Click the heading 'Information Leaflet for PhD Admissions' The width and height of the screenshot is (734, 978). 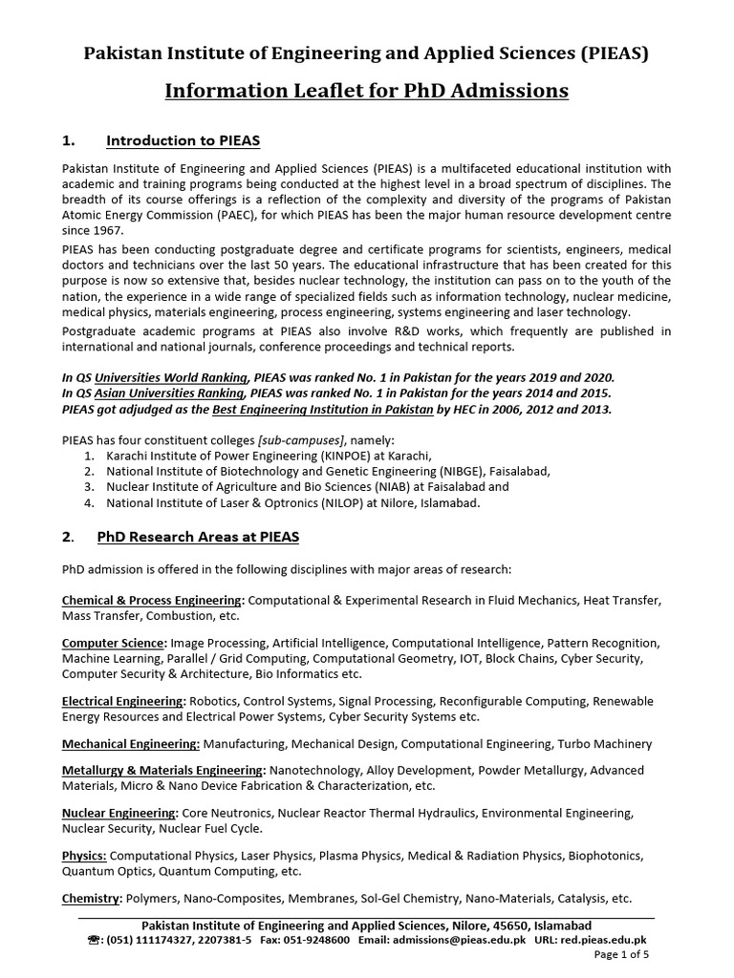(x=367, y=91)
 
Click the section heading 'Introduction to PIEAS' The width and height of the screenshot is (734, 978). (x=183, y=141)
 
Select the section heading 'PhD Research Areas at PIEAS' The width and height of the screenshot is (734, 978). (x=198, y=537)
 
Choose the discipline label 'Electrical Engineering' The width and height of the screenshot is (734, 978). (x=123, y=701)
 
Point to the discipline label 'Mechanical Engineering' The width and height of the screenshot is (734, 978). (x=130, y=743)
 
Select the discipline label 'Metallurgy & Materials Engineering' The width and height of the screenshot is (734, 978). (x=163, y=770)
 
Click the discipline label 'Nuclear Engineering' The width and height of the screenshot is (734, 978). (x=119, y=813)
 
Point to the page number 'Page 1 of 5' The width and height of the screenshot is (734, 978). (x=621, y=954)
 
